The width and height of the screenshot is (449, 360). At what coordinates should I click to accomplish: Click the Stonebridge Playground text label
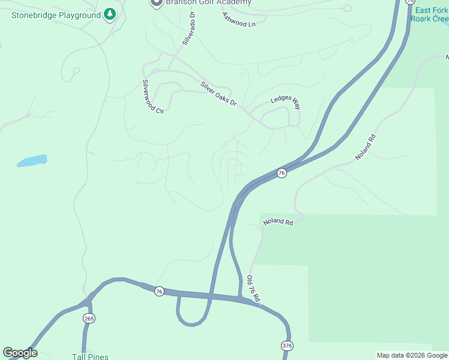click(56, 14)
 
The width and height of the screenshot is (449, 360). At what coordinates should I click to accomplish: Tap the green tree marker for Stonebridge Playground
click(109, 13)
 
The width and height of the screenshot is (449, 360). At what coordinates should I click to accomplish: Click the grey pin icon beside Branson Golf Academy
click(156, 2)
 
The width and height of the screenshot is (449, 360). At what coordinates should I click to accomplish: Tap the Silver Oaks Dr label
click(218, 94)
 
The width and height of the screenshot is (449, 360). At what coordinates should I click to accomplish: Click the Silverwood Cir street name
click(152, 97)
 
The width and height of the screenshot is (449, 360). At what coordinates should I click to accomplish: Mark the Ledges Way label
click(286, 103)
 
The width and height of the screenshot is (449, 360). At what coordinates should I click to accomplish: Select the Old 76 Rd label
click(253, 289)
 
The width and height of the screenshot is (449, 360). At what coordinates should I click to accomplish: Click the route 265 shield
click(89, 318)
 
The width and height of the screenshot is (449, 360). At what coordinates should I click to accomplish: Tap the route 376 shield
click(287, 346)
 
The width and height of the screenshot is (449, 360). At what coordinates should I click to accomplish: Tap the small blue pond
click(32, 161)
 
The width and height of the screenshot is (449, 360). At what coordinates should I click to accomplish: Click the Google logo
click(20, 353)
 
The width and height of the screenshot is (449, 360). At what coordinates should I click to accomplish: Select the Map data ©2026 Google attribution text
click(412, 355)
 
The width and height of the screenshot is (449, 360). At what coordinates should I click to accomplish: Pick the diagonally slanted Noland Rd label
click(365, 146)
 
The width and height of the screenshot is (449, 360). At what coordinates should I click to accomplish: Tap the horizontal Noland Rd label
click(278, 223)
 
